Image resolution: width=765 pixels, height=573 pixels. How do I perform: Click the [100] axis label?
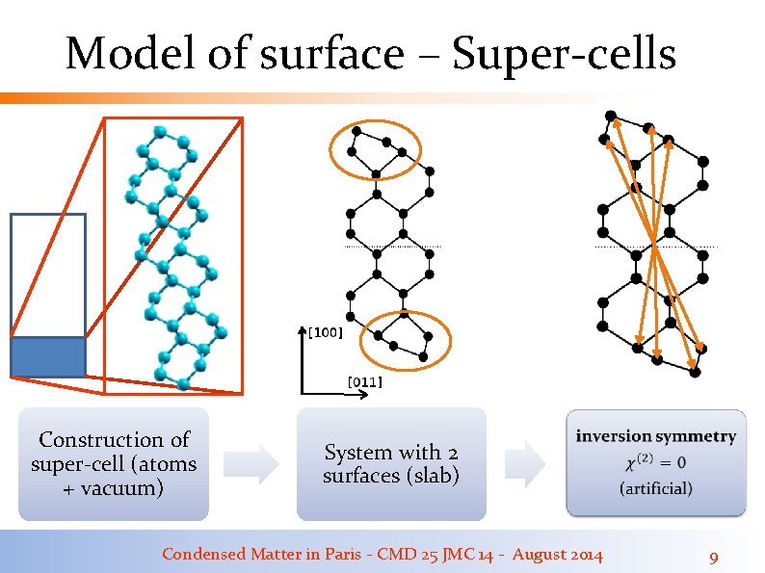coord(325,333)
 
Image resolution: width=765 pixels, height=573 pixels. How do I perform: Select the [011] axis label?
coord(363,382)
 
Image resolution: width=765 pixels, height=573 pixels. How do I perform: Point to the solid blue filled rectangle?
coord(47,356)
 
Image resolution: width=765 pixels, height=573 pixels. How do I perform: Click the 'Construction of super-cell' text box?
coord(114,464)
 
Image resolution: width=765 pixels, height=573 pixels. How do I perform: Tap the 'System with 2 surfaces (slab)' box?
coord(391,464)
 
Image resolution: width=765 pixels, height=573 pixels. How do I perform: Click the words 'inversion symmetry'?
coord(655,436)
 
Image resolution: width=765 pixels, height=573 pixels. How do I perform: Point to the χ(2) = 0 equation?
coord(655,462)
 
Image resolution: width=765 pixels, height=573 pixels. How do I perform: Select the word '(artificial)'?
coord(655,488)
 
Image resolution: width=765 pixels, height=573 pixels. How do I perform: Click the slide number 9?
coord(713,557)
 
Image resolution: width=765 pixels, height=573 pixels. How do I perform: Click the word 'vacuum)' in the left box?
coord(126,488)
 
